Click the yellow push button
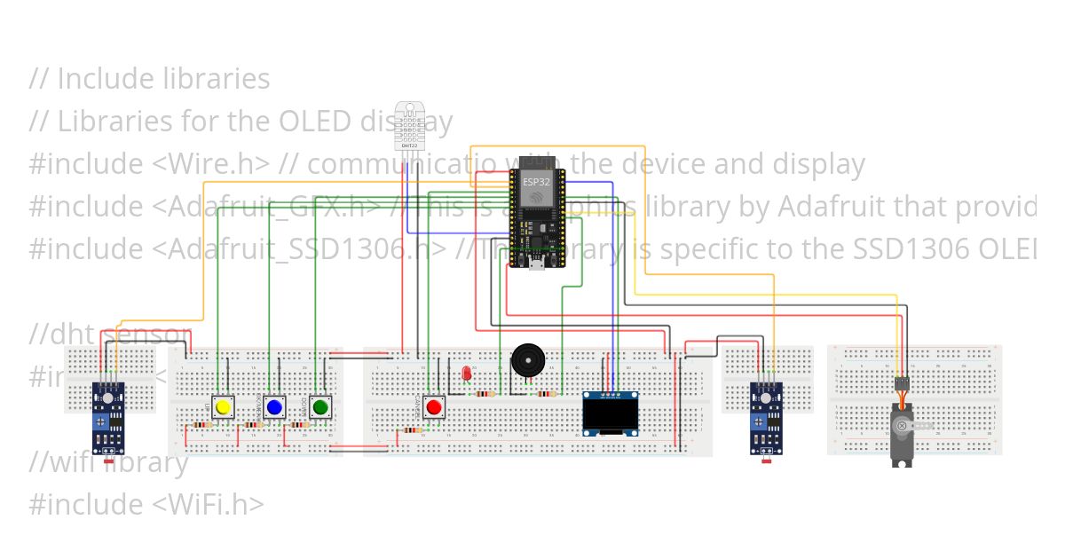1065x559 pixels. tap(222, 406)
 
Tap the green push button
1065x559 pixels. tap(319, 406)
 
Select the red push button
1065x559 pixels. tap(434, 406)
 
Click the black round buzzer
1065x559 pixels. tap(527, 362)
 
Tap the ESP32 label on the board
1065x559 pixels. tap(535, 182)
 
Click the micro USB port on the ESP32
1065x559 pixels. tap(536, 264)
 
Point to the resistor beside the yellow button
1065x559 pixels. tap(202, 425)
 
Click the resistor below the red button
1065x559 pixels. tap(412, 430)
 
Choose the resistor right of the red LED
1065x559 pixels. tap(485, 393)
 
